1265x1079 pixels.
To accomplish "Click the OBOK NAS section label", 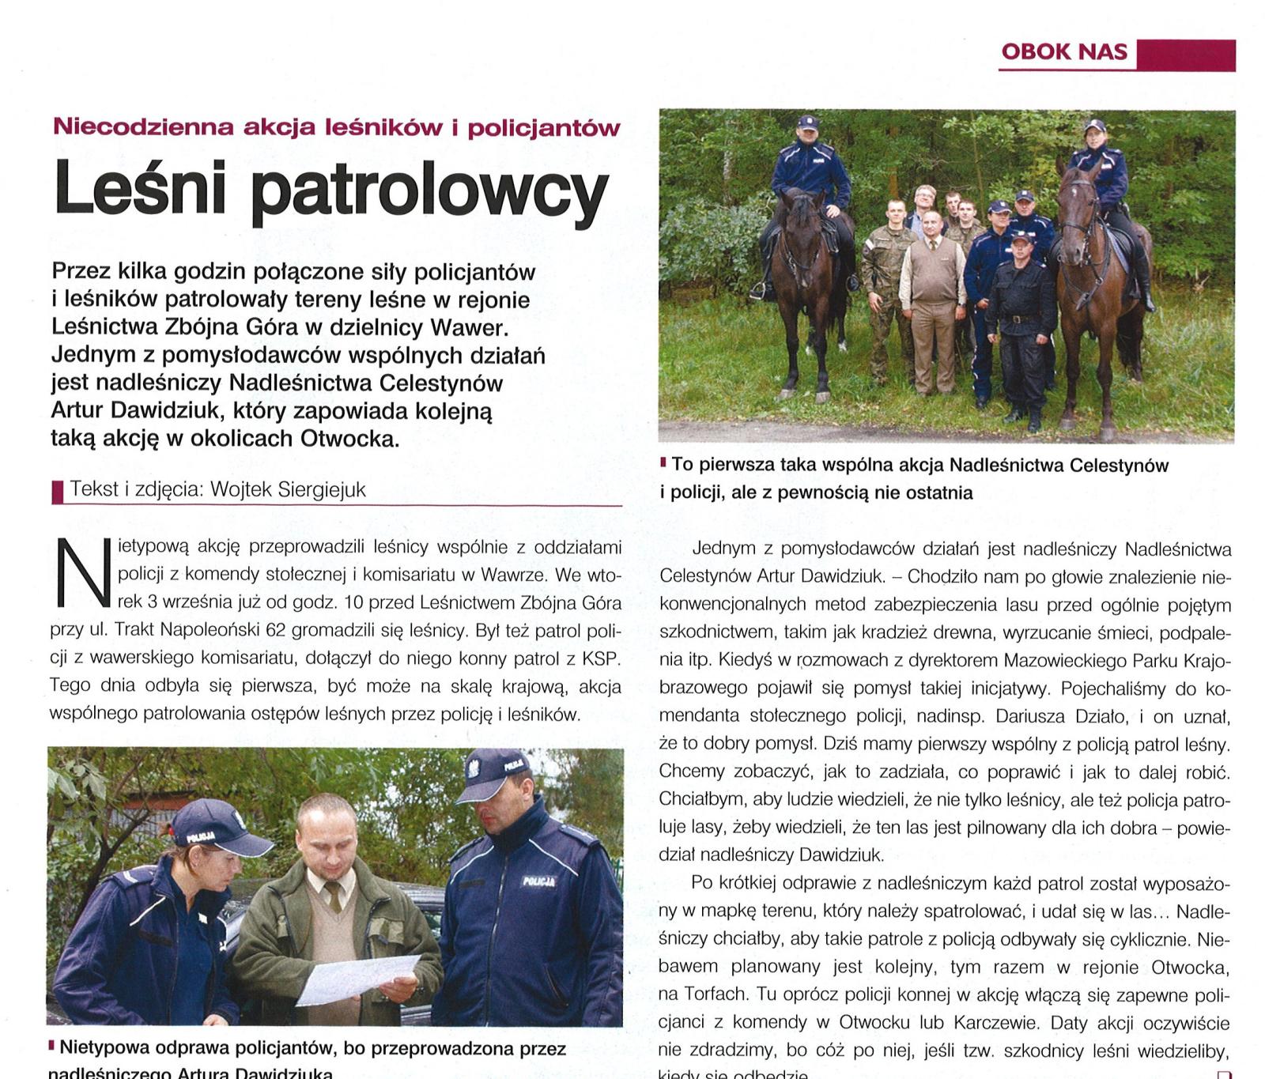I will coord(1063,52).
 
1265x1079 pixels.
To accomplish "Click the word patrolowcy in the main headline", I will coord(429,193).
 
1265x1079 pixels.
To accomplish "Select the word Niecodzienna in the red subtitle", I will coord(143,126).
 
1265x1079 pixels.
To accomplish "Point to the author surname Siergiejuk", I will coord(322,490).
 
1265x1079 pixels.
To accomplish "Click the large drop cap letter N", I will coord(82,573).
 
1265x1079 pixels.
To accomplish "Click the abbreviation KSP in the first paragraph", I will coord(602,658).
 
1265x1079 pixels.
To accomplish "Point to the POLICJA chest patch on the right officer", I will coord(538,881).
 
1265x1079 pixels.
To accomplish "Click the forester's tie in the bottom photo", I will coord(334,896).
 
